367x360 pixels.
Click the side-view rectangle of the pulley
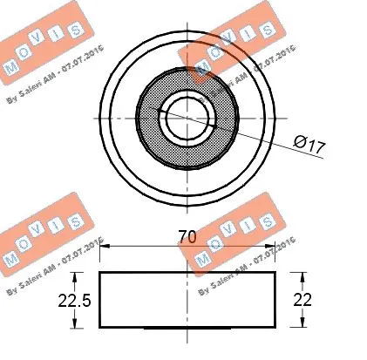[188, 300]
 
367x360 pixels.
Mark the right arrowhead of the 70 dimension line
[272, 247]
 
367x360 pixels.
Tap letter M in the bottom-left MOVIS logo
[11, 259]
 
